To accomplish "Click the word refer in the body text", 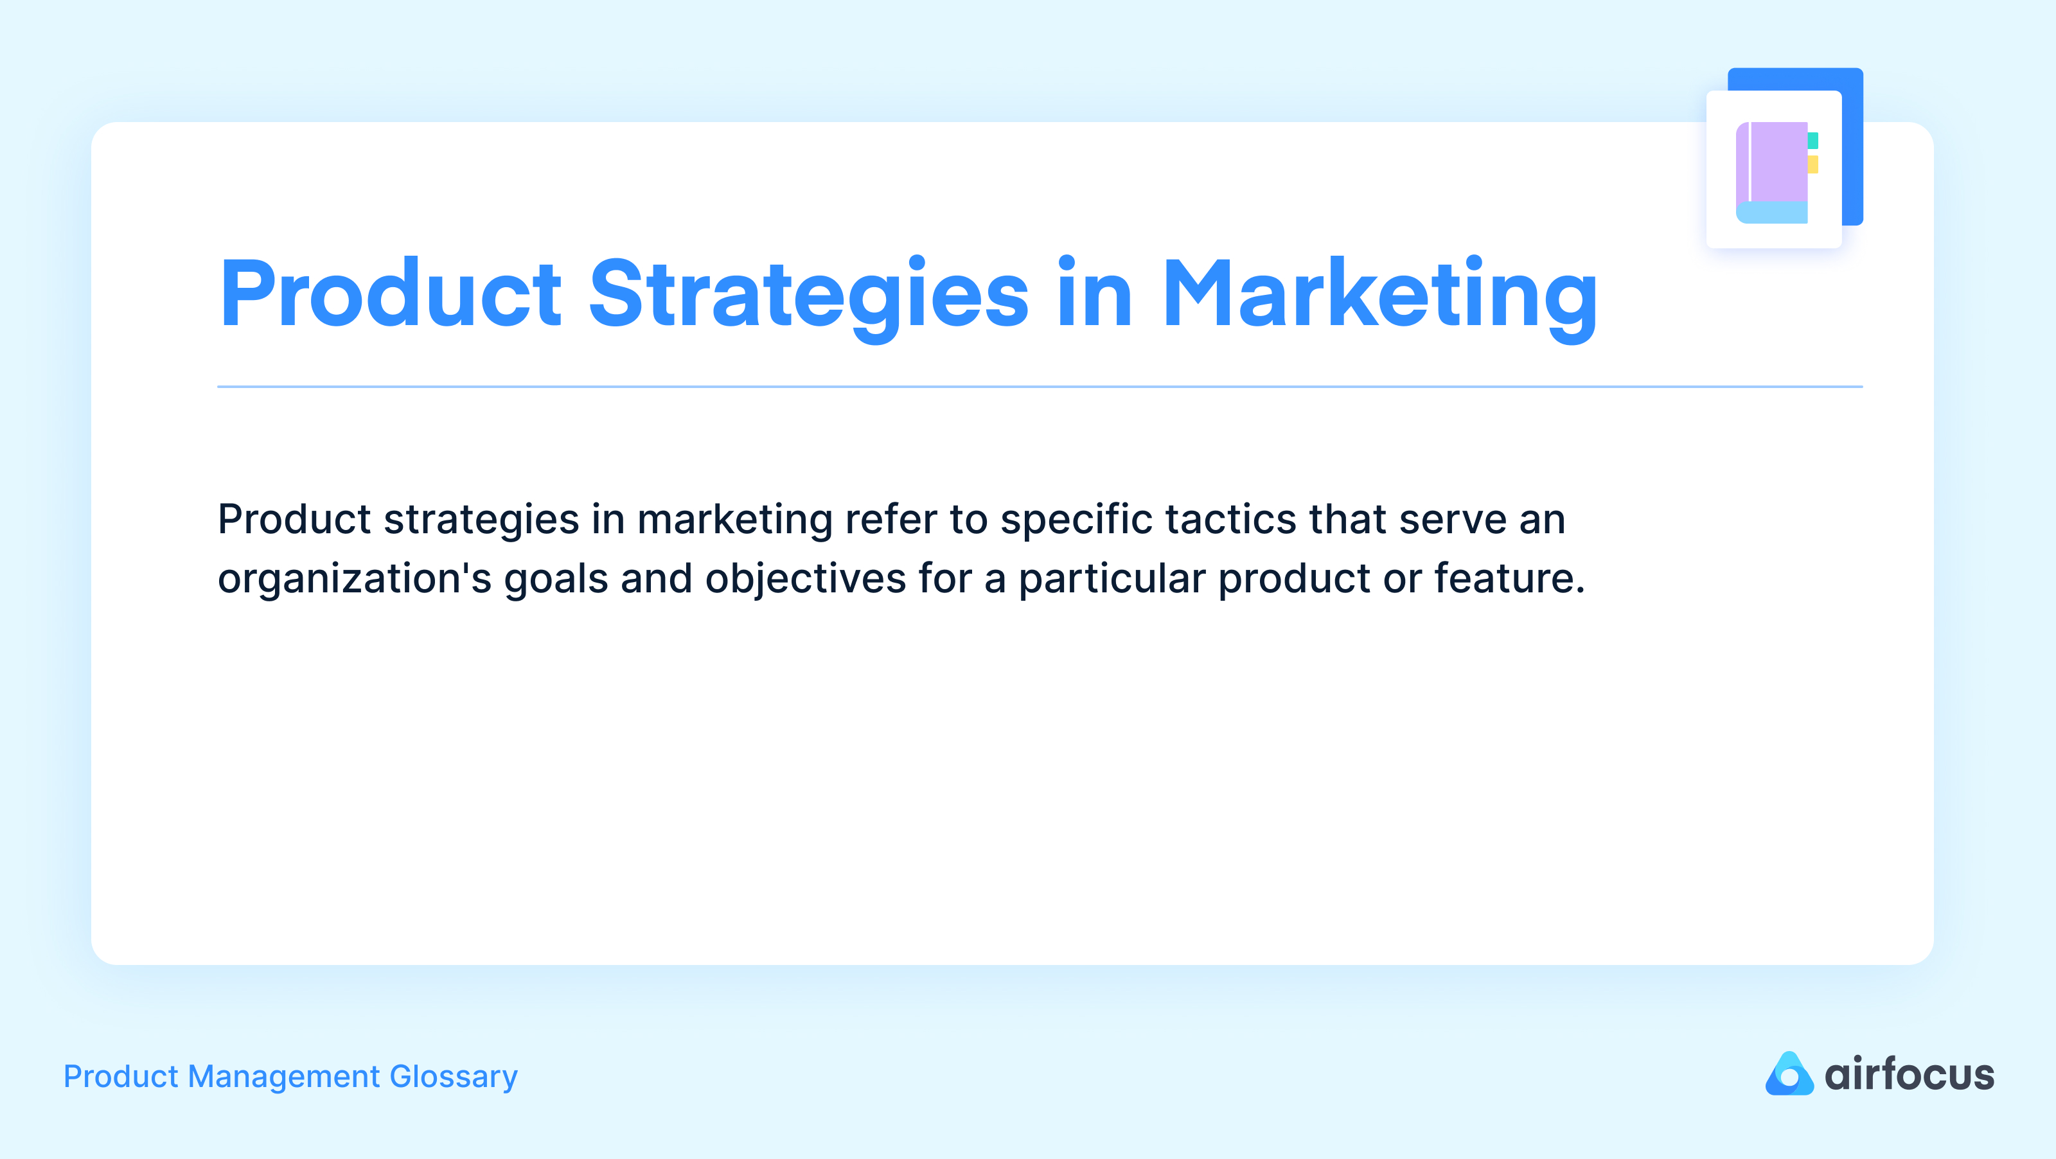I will click(891, 520).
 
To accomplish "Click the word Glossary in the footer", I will click(454, 1077).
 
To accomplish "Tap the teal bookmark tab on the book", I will click(1812, 141).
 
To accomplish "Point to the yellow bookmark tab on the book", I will click(1812, 164).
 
